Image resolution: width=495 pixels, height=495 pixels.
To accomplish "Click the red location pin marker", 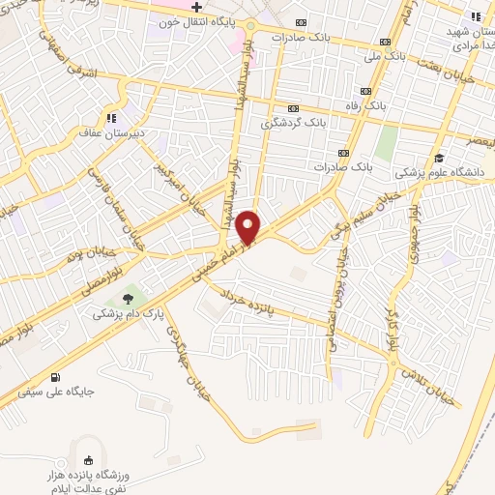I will [249, 226].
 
